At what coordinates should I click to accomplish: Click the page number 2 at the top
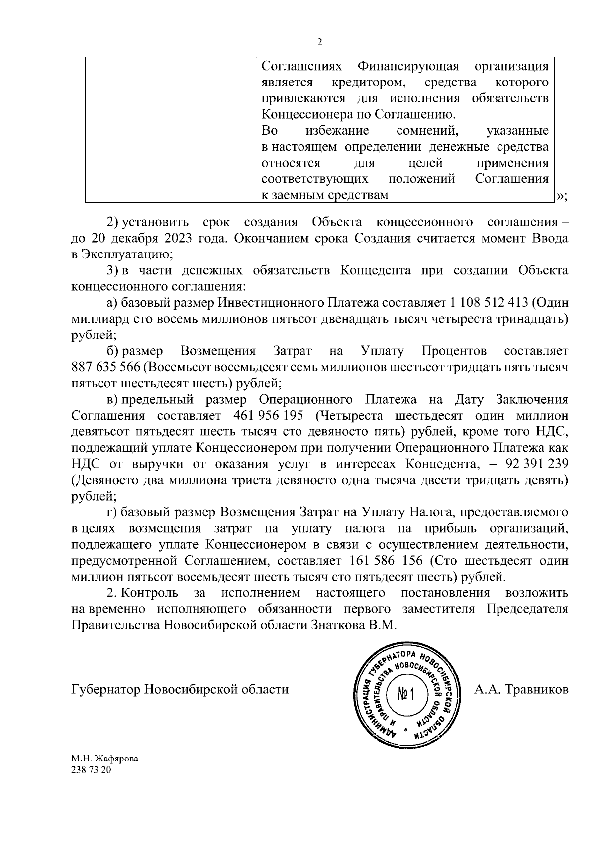pos(319,42)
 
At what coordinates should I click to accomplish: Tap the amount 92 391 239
pos(536,464)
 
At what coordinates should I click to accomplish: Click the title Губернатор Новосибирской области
pos(180,690)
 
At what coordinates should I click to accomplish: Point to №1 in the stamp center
pos(406,694)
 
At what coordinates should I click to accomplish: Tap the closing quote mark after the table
pos(561,197)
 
